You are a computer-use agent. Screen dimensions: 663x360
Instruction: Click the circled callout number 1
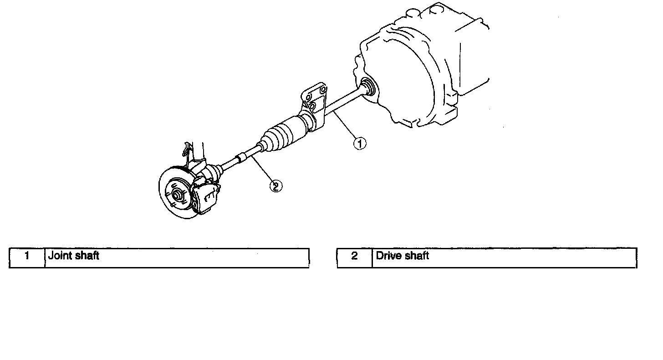[x=360, y=144]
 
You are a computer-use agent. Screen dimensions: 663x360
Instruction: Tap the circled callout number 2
[x=276, y=185]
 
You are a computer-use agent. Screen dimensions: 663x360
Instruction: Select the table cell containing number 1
[x=27, y=256]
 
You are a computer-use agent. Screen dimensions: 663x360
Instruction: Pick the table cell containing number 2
[x=354, y=256]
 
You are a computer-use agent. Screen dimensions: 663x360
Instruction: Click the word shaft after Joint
[x=87, y=256]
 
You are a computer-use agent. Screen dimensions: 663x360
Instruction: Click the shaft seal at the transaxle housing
[x=367, y=87]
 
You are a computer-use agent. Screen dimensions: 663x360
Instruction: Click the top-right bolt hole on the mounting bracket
[x=323, y=90]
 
